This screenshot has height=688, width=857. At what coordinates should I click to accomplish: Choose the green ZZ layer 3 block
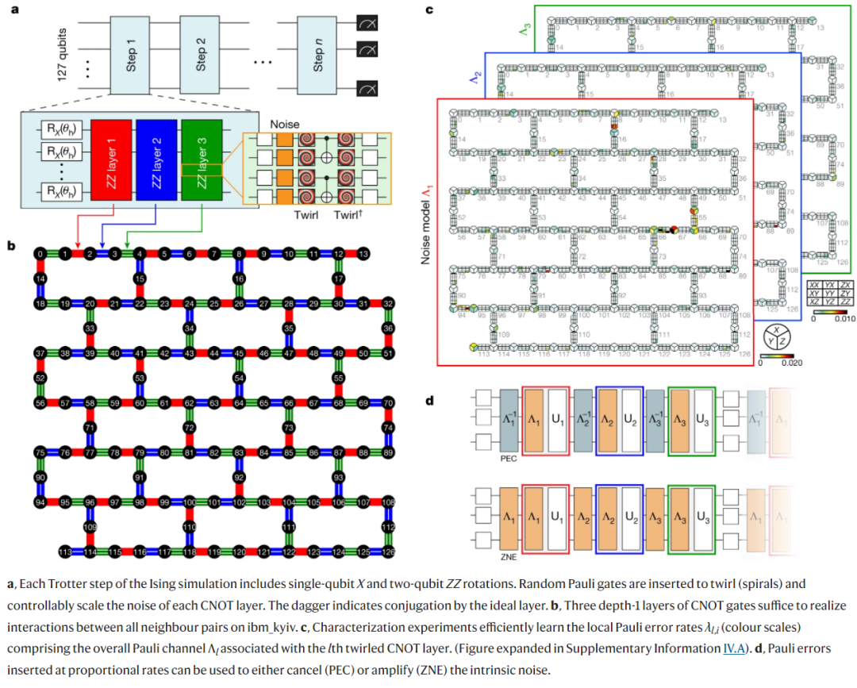pos(203,157)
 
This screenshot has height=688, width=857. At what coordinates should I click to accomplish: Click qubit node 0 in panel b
pos(40,254)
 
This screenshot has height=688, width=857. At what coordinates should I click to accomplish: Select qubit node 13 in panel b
pos(363,254)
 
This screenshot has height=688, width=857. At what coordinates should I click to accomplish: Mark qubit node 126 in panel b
pos(388,551)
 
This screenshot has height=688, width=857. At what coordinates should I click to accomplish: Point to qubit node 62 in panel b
pos(189,403)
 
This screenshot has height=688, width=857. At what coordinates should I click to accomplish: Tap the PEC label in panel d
pos(509,458)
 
